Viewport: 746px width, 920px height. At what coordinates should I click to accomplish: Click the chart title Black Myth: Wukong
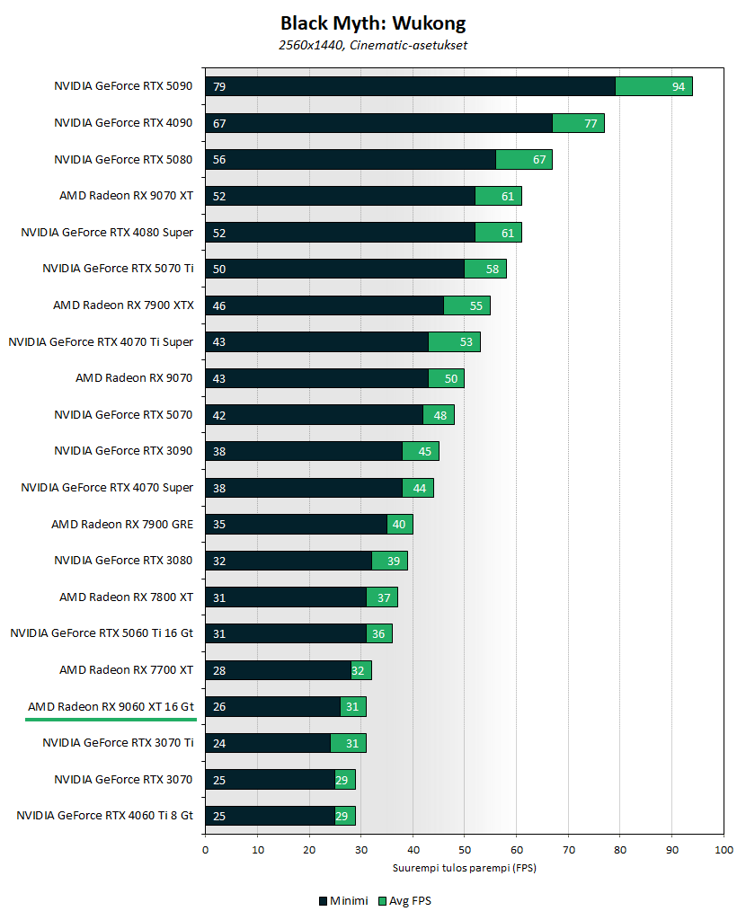[373, 23]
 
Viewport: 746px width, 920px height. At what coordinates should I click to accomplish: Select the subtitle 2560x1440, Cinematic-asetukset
[373, 45]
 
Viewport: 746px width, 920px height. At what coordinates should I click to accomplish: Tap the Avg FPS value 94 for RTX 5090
[679, 86]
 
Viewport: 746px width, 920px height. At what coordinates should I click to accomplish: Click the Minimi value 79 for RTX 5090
[218, 86]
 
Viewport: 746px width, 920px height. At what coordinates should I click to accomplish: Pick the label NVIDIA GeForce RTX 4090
[123, 123]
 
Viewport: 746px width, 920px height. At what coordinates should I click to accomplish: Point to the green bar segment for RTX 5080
[524, 159]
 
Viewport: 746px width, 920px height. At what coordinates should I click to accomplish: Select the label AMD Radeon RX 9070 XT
[126, 195]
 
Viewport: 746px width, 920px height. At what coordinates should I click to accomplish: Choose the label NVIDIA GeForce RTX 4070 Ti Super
[101, 341]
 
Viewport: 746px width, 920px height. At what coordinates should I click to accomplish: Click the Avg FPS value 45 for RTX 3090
[425, 451]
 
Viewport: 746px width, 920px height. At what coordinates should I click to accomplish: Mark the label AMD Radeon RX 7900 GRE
[121, 524]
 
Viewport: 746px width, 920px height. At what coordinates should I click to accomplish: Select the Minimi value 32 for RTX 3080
[218, 561]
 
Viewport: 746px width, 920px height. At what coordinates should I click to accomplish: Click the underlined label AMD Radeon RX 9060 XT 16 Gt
[110, 706]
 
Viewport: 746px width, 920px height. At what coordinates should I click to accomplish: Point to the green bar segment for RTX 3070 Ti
[348, 743]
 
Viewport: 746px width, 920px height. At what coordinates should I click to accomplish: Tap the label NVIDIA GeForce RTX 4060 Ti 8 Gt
[104, 816]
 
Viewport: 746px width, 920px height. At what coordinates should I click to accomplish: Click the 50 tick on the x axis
[465, 849]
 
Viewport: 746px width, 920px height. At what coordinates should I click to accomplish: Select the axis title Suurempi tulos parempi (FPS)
[464, 868]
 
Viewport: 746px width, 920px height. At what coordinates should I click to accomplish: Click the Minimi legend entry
[342, 901]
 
